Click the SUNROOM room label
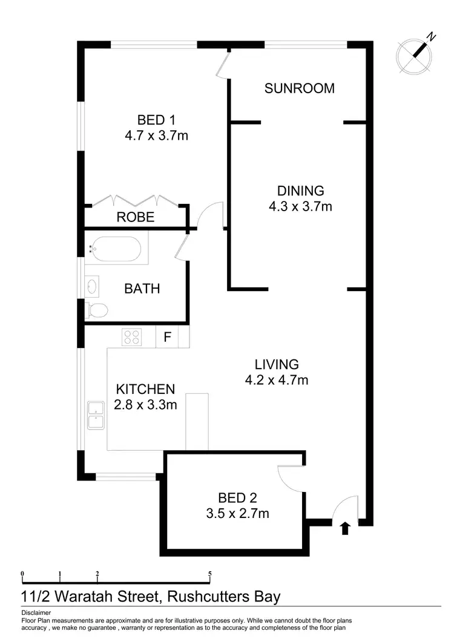(299, 88)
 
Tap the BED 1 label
(156, 119)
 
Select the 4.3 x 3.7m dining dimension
(300, 206)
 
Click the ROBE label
(136, 217)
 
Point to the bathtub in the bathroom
(116, 248)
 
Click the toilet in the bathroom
(97, 310)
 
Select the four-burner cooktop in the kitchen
(131, 336)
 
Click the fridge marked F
(167, 336)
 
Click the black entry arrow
(345, 528)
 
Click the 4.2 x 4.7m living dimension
(277, 380)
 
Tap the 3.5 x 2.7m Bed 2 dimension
(238, 514)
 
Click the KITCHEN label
(146, 389)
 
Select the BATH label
(142, 289)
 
